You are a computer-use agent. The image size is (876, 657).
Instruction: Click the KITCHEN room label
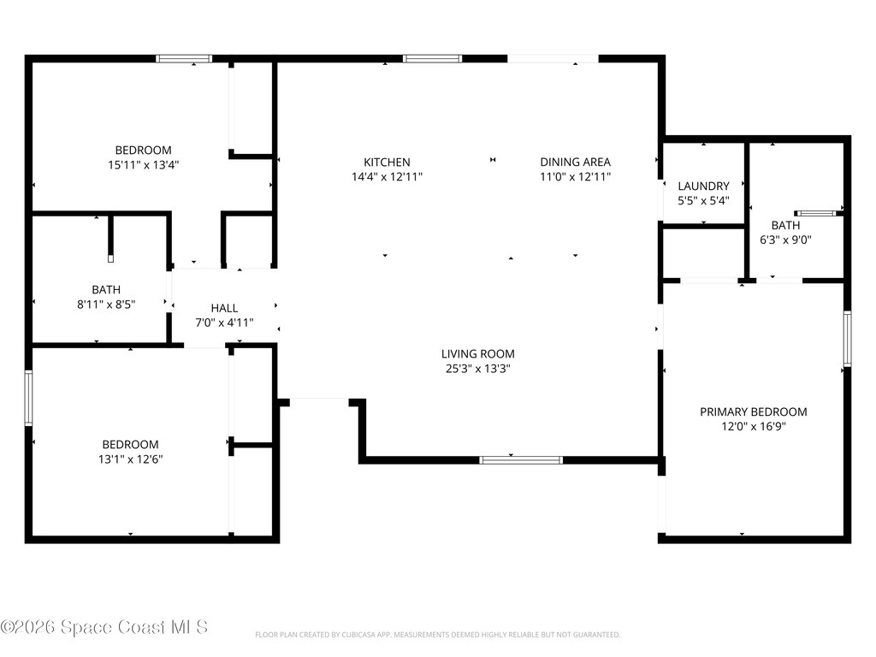pos(387,162)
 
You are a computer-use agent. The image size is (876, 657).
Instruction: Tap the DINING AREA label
pos(575,162)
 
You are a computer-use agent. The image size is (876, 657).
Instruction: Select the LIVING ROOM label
pos(477,353)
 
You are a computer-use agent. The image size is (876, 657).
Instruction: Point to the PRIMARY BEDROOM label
pos(753,411)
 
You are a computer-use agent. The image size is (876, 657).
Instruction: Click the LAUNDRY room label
pos(703,186)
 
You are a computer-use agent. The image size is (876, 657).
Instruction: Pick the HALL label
pos(224,308)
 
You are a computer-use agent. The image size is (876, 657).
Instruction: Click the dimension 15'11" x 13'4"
pos(143,165)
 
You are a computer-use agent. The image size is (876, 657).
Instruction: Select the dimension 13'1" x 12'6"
pos(130,459)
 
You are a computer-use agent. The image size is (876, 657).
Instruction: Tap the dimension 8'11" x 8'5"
pos(106,305)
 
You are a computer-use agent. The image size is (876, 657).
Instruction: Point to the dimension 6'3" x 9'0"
pos(785,240)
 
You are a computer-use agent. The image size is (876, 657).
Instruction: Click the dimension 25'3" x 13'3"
pos(477,369)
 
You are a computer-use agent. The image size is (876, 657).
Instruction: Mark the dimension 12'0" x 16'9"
pos(753,427)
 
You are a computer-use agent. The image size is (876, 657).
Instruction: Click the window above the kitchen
pos(432,59)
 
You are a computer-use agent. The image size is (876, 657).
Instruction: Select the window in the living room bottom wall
pos(521,460)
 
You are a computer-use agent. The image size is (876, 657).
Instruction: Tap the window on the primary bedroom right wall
pos(847,339)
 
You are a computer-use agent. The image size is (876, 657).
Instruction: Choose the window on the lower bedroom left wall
pos(28,399)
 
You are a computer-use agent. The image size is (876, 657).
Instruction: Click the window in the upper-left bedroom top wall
pos(184,59)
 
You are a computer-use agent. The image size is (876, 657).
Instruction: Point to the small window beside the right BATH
pos(815,213)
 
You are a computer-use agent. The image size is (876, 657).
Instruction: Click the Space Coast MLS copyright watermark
pos(104,627)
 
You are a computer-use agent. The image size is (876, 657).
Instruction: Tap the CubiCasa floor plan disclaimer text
pos(437,635)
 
